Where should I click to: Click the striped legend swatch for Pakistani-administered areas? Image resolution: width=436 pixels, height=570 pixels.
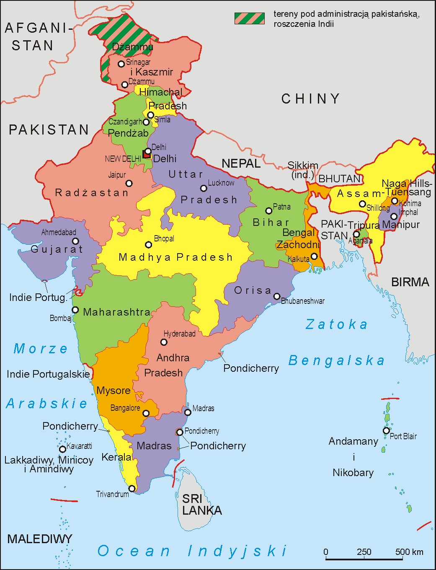250,18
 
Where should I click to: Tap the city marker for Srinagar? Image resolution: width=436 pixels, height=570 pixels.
121,64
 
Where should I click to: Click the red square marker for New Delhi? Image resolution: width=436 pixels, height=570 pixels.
146,154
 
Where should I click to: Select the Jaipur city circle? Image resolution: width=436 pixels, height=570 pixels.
129,183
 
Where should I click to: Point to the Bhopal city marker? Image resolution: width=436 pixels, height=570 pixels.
148,245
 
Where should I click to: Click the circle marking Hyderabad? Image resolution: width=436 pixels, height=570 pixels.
164,342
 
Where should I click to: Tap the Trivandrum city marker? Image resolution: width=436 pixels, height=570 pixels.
132,489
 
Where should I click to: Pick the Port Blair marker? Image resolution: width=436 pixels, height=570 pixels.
386,430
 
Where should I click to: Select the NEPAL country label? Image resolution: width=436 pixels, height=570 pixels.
241,163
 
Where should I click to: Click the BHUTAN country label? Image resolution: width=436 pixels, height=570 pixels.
339,179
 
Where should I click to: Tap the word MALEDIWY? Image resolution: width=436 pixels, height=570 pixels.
40,539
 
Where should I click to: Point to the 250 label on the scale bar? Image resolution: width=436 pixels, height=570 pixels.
364,552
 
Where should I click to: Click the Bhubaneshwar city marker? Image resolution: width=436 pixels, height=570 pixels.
277,296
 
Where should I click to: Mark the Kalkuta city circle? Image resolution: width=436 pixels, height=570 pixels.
314,256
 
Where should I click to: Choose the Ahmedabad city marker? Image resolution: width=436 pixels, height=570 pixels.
75,241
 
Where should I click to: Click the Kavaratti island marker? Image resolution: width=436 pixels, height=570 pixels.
62,449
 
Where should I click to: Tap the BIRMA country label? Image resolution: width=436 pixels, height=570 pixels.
410,282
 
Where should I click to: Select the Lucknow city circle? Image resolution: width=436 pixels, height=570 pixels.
204,188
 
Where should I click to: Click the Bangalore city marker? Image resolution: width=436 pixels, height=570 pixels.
146,413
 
